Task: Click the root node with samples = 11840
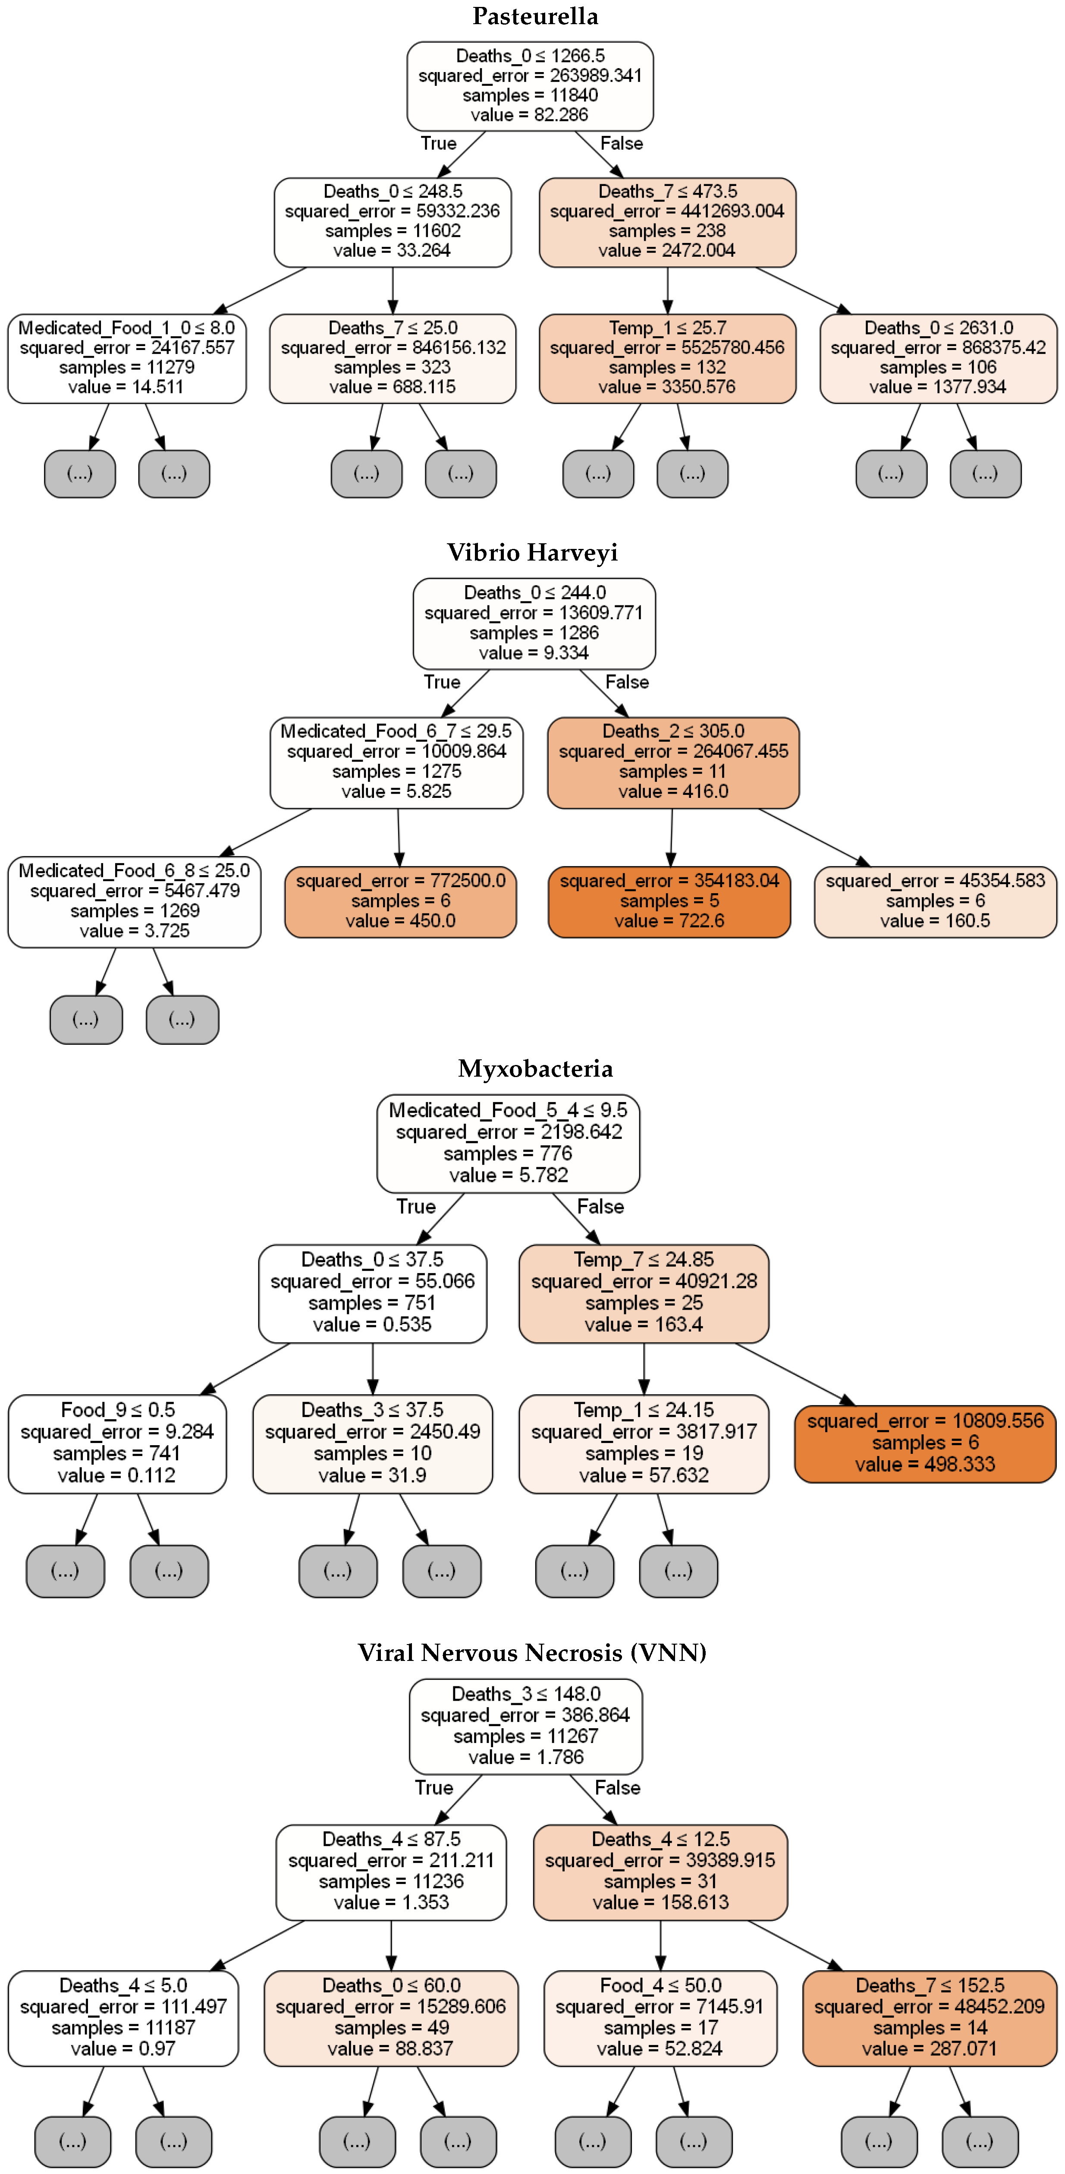(530, 85)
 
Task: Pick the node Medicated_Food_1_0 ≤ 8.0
(126, 358)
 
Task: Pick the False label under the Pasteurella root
(621, 143)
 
